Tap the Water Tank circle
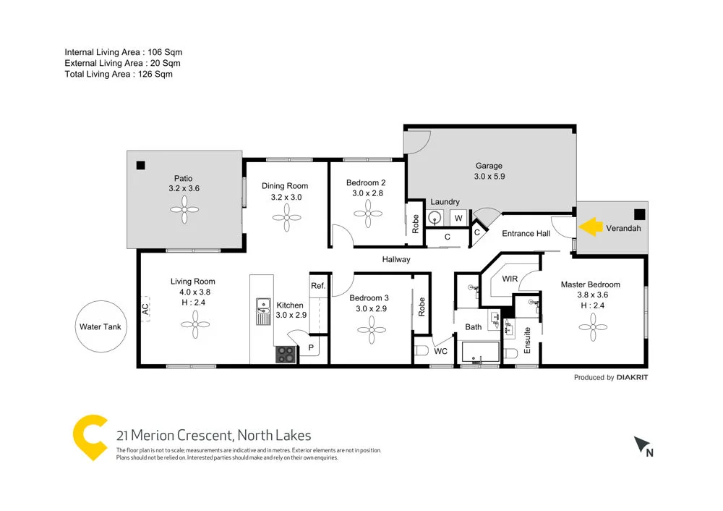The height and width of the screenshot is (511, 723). coord(100,326)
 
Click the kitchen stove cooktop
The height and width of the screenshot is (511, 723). coord(286,355)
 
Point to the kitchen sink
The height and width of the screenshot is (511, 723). coord(262,312)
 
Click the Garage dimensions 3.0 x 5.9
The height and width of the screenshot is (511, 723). coord(489,176)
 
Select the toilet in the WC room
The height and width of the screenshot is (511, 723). coord(422,352)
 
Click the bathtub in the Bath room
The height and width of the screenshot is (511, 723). coord(480,353)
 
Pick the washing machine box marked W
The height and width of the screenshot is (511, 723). coord(458,217)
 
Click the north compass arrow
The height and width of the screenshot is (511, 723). coord(641,445)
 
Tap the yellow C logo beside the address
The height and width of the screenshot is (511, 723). coord(90,436)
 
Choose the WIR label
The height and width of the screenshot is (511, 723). coord(509,278)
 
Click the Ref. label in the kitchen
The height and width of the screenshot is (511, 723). coord(318,286)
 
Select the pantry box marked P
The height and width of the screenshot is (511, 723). coord(311,348)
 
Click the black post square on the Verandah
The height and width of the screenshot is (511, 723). coord(638,214)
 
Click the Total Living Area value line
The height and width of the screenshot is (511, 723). coord(119,74)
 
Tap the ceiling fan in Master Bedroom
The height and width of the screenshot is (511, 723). coord(592,328)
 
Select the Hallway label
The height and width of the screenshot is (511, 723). coord(396,259)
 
